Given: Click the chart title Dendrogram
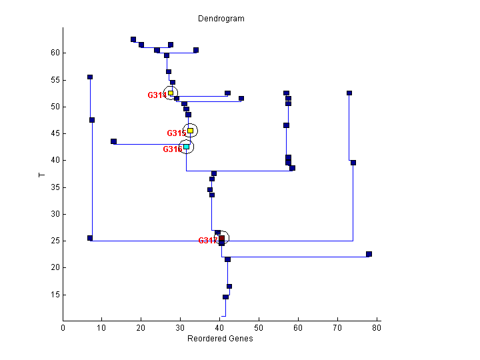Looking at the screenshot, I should pyautogui.click(x=221, y=19).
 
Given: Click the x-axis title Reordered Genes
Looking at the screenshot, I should pyautogui.click(x=220, y=338).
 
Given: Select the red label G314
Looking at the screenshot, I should pyautogui.click(x=157, y=95).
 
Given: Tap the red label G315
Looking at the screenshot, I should pyautogui.click(x=176, y=133).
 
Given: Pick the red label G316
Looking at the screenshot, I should pyautogui.click(x=172, y=149).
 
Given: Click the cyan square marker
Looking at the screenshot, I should pyautogui.click(x=186, y=147).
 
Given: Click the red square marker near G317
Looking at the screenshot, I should pyautogui.click(x=221, y=238).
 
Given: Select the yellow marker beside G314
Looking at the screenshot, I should pyautogui.click(x=171, y=93).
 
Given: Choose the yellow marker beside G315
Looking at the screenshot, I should pyautogui.click(x=190, y=131).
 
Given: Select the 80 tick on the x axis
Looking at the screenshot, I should pyautogui.click(x=377, y=327).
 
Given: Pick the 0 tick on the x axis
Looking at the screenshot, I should pyautogui.click(x=63, y=327).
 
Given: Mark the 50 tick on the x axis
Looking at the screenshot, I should pyautogui.click(x=259, y=327).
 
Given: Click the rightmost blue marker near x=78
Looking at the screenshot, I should pyautogui.click(x=369, y=254).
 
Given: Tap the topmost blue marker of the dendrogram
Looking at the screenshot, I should pyautogui.click(x=133, y=39).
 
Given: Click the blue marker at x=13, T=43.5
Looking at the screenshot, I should pyautogui.click(x=113, y=141).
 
